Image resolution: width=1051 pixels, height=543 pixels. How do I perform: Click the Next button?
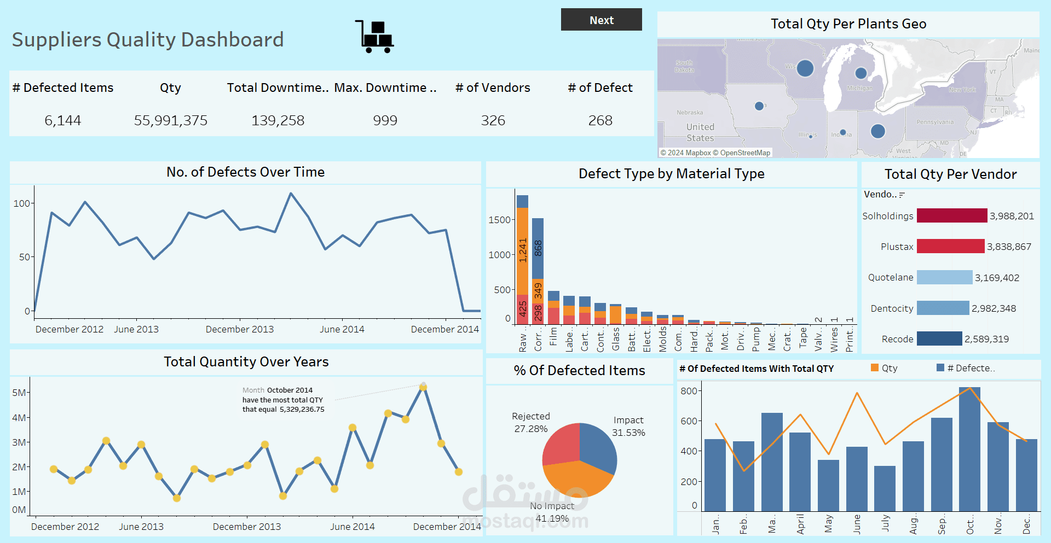pos(601,20)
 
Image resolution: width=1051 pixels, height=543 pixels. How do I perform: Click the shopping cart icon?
pos(376,37)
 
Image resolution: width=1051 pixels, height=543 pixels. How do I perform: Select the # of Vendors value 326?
pos(493,120)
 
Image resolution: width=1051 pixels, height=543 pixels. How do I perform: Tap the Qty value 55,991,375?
pos(171,120)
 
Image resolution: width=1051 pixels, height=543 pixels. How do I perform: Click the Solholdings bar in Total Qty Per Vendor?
pos(951,215)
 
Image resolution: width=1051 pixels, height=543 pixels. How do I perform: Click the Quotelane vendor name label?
pos(890,277)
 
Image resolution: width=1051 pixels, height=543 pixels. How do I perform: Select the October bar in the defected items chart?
pos(969,448)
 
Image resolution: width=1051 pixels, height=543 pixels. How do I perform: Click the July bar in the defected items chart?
pos(885,488)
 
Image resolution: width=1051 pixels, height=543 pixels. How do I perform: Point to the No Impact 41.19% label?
pos(552,512)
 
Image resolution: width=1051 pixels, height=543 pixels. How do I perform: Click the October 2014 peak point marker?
pos(423,387)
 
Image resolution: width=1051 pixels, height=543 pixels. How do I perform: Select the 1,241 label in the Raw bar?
pos(523,250)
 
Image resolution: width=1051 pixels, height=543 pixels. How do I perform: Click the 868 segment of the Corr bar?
pos(538,248)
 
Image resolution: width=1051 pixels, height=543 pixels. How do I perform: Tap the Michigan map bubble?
pos(861,73)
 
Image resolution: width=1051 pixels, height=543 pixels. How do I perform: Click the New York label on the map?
pos(962,90)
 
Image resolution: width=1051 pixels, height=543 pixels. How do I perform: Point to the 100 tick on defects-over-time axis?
pos(22,203)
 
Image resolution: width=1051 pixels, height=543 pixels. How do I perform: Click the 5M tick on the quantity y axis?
pos(19,393)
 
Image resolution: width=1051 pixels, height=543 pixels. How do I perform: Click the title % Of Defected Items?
pos(579,370)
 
